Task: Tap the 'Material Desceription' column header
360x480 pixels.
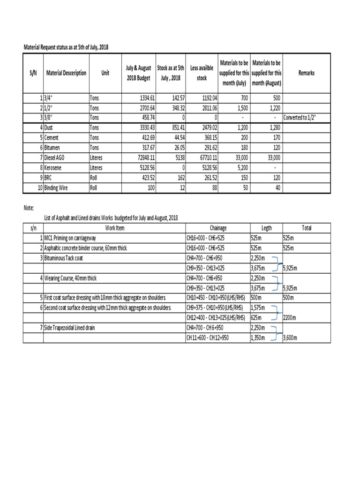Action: coord(66,73)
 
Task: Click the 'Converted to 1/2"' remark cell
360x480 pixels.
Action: coord(300,117)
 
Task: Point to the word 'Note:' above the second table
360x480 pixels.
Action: coord(29,207)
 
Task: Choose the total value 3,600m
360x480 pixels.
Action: coord(291,337)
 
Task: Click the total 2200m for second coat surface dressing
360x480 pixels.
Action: coord(290,318)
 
